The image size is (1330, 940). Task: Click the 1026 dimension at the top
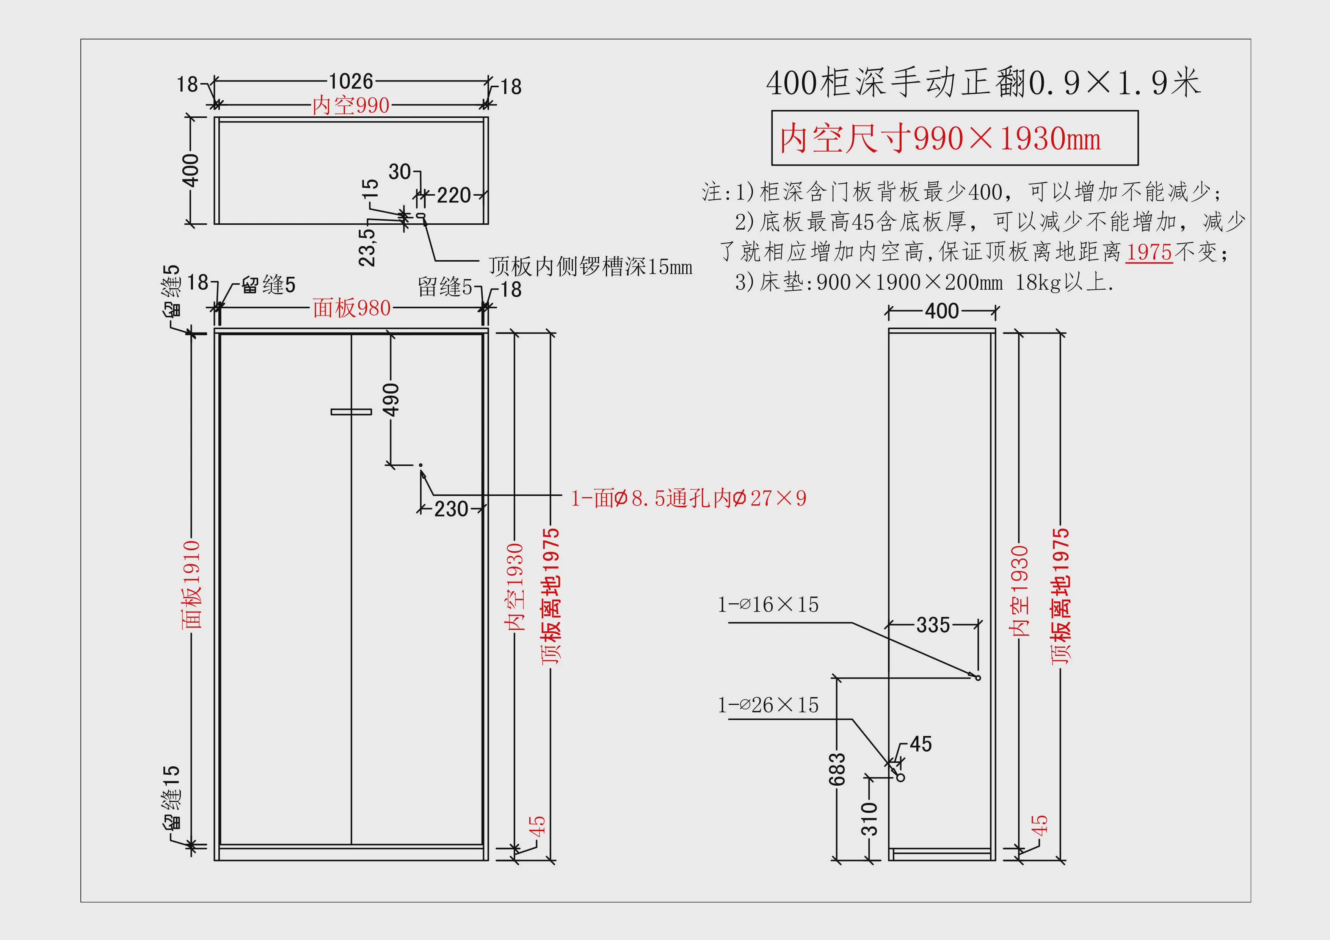351,81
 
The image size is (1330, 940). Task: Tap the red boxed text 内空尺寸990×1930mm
940,138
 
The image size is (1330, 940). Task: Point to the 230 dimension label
451,509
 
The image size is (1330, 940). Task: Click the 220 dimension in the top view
454,195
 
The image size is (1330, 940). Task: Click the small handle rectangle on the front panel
351,412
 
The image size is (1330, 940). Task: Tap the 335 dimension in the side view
933,625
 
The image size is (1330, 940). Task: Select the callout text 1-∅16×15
768,605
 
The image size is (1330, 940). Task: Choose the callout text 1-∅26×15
768,705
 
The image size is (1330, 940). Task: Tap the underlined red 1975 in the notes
1149,252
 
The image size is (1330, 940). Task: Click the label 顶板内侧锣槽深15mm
590,267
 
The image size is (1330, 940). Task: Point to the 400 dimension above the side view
942,311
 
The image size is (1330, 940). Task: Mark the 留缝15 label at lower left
171,797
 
